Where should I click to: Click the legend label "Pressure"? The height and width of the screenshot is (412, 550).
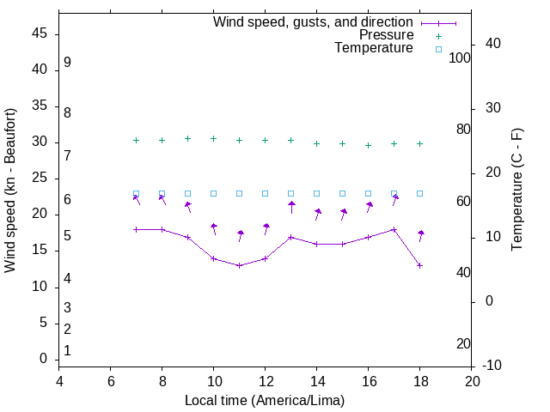(386, 35)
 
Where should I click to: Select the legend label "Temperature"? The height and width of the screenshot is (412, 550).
(374, 49)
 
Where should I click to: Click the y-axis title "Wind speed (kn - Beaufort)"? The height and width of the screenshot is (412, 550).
(10, 191)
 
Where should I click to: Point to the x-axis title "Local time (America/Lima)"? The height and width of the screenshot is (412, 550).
(265, 400)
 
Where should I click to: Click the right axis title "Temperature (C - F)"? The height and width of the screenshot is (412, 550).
(516, 191)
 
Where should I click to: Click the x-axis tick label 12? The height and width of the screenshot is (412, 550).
(265, 381)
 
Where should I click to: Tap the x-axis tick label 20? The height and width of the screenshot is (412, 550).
(471, 381)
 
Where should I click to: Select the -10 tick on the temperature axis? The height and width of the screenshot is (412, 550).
(494, 366)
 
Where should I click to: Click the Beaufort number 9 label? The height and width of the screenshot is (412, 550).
(67, 63)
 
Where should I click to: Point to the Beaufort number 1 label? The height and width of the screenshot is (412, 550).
(67, 350)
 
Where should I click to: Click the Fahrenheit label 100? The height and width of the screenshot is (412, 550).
(460, 58)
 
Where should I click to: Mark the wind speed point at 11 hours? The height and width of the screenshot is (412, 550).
(239, 265)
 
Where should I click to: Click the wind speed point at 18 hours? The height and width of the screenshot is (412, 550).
(419, 265)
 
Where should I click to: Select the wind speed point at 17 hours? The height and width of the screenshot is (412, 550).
(394, 229)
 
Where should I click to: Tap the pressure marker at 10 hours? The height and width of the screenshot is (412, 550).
(213, 138)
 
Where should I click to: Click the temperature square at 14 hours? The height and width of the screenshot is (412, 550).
(316, 194)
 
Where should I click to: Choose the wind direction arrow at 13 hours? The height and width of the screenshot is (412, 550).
(291, 207)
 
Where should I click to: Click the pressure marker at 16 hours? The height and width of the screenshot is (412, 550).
(368, 145)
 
